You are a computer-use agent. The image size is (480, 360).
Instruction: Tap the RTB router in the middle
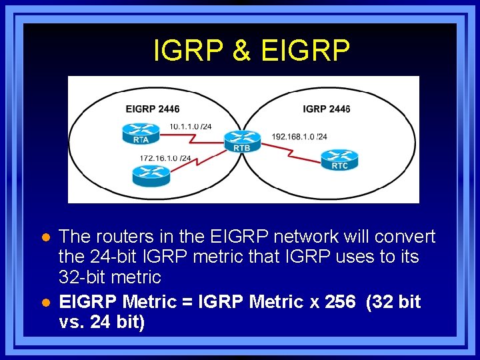242,141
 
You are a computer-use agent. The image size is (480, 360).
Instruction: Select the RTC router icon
339,159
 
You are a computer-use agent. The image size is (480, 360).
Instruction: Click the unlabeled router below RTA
151,175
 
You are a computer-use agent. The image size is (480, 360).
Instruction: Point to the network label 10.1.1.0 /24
191,126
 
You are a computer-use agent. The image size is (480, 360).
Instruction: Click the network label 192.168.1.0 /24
299,137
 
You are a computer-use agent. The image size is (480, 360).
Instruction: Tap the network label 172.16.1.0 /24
165,158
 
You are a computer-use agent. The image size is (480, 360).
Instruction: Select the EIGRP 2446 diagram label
153,109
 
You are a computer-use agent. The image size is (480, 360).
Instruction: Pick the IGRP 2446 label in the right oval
326,109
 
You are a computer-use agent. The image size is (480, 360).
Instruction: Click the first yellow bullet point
46,237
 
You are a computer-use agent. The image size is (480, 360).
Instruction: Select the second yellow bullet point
46,303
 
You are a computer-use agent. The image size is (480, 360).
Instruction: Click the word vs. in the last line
73,322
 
